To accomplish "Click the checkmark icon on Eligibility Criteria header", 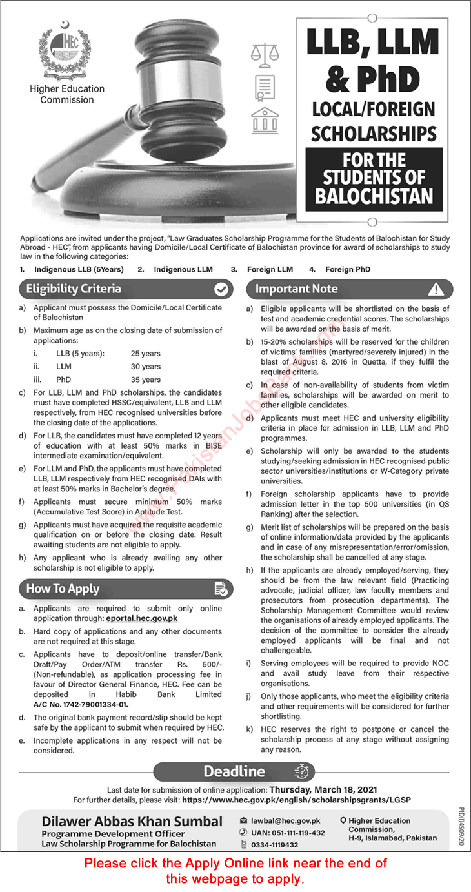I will (221, 289).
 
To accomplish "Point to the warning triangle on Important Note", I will (437, 289).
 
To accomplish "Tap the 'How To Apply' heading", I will (63, 588).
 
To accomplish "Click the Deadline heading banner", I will (235, 771).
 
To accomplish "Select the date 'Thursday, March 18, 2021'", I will (323, 789).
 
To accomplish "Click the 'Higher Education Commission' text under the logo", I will (67, 94).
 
